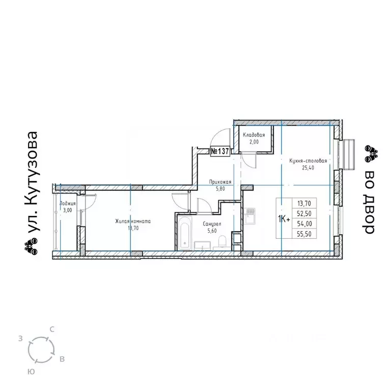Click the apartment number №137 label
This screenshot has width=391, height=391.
(220, 151)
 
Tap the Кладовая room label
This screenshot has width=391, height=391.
(254, 135)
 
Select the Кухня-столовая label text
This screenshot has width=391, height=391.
(308, 161)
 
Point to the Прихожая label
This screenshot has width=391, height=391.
(220, 182)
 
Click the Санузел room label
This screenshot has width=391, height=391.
(212, 224)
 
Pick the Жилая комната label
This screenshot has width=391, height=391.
(133, 221)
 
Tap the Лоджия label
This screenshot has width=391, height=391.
(67, 204)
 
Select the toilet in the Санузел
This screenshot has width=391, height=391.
(222, 242)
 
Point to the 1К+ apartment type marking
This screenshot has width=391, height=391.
(284, 219)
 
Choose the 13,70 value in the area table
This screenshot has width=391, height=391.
(304, 204)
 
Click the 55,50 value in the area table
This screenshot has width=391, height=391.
(304, 234)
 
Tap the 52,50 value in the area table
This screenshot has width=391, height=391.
(304, 214)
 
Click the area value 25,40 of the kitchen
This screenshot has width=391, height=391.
(308, 168)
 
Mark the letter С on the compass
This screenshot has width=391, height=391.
(52, 329)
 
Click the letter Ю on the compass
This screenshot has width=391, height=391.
(31, 372)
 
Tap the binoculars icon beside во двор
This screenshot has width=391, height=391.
(371, 153)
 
